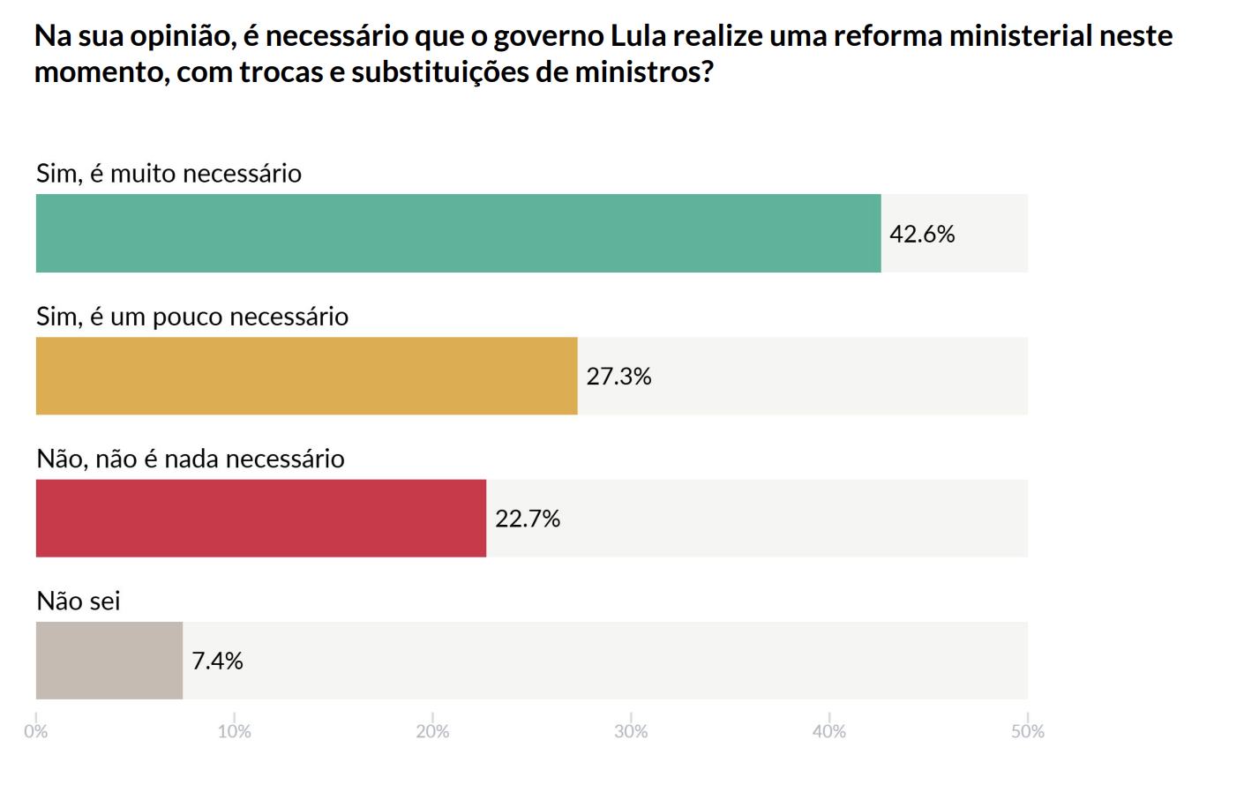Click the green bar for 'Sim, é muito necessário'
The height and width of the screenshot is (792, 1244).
tap(458, 233)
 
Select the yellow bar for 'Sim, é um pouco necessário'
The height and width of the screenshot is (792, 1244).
tap(306, 376)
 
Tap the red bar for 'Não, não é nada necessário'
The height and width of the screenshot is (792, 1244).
tap(260, 518)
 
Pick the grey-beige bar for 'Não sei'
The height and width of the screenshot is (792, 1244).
tap(109, 661)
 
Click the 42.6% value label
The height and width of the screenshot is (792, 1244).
tap(922, 234)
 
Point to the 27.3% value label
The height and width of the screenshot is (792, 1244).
tap(618, 377)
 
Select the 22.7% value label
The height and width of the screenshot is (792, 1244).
tap(528, 519)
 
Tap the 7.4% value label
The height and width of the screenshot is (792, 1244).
tap(217, 661)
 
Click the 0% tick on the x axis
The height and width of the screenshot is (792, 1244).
tap(35, 731)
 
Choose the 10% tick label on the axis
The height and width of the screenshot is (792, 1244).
tap(234, 731)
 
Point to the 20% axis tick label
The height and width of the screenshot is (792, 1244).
tap(432, 731)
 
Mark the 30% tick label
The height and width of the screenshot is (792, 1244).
tap(631, 731)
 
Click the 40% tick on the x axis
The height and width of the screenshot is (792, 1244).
tap(829, 731)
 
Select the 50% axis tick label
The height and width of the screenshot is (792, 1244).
tap(1028, 731)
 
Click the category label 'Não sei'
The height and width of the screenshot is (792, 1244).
tap(78, 601)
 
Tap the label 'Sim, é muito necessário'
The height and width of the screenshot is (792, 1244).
tap(169, 173)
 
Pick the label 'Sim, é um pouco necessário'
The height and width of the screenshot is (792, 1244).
tap(192, 316)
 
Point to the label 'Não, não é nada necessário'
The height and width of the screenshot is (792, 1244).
tap(191, 459)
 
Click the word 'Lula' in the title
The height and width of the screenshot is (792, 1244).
tap(638, 36)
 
